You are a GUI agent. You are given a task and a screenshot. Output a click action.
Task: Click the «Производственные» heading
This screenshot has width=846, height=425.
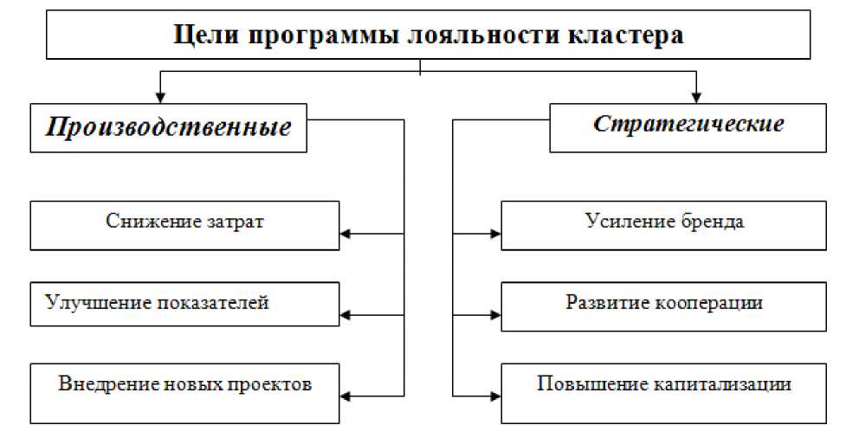pos(168,128)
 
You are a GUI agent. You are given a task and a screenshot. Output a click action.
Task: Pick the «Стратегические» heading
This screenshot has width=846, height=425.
pos(688,123)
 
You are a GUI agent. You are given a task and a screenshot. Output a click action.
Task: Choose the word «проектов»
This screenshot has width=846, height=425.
pos(272,383)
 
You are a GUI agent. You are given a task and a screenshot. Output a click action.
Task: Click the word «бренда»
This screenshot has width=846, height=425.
pos(710,222)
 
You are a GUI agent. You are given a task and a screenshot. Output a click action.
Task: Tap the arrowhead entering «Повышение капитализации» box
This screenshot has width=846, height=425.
pos(496,395)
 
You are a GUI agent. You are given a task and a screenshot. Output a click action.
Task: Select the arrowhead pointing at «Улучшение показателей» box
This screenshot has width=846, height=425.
pos(346,314)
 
